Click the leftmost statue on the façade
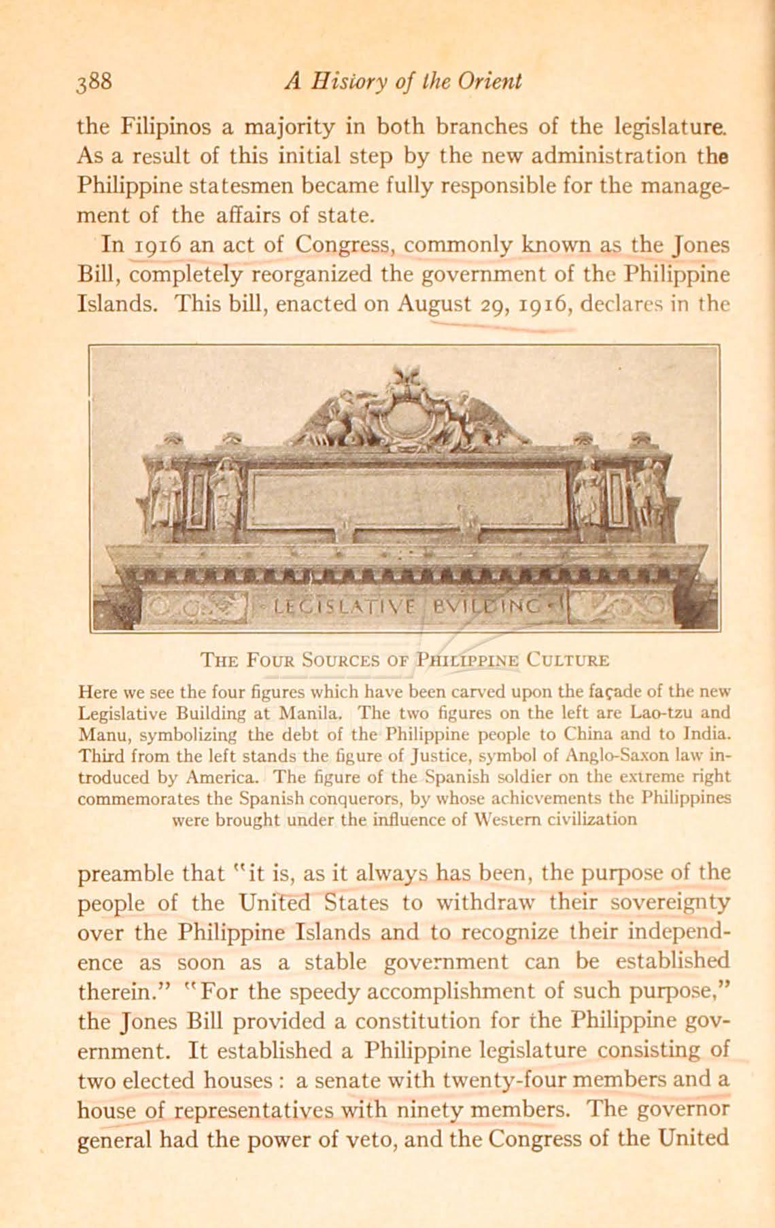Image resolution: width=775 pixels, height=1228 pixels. pyautogui.click(x=163, y=488)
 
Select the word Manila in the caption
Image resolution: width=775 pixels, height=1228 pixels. pyautogui.click(x=313, y=713)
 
